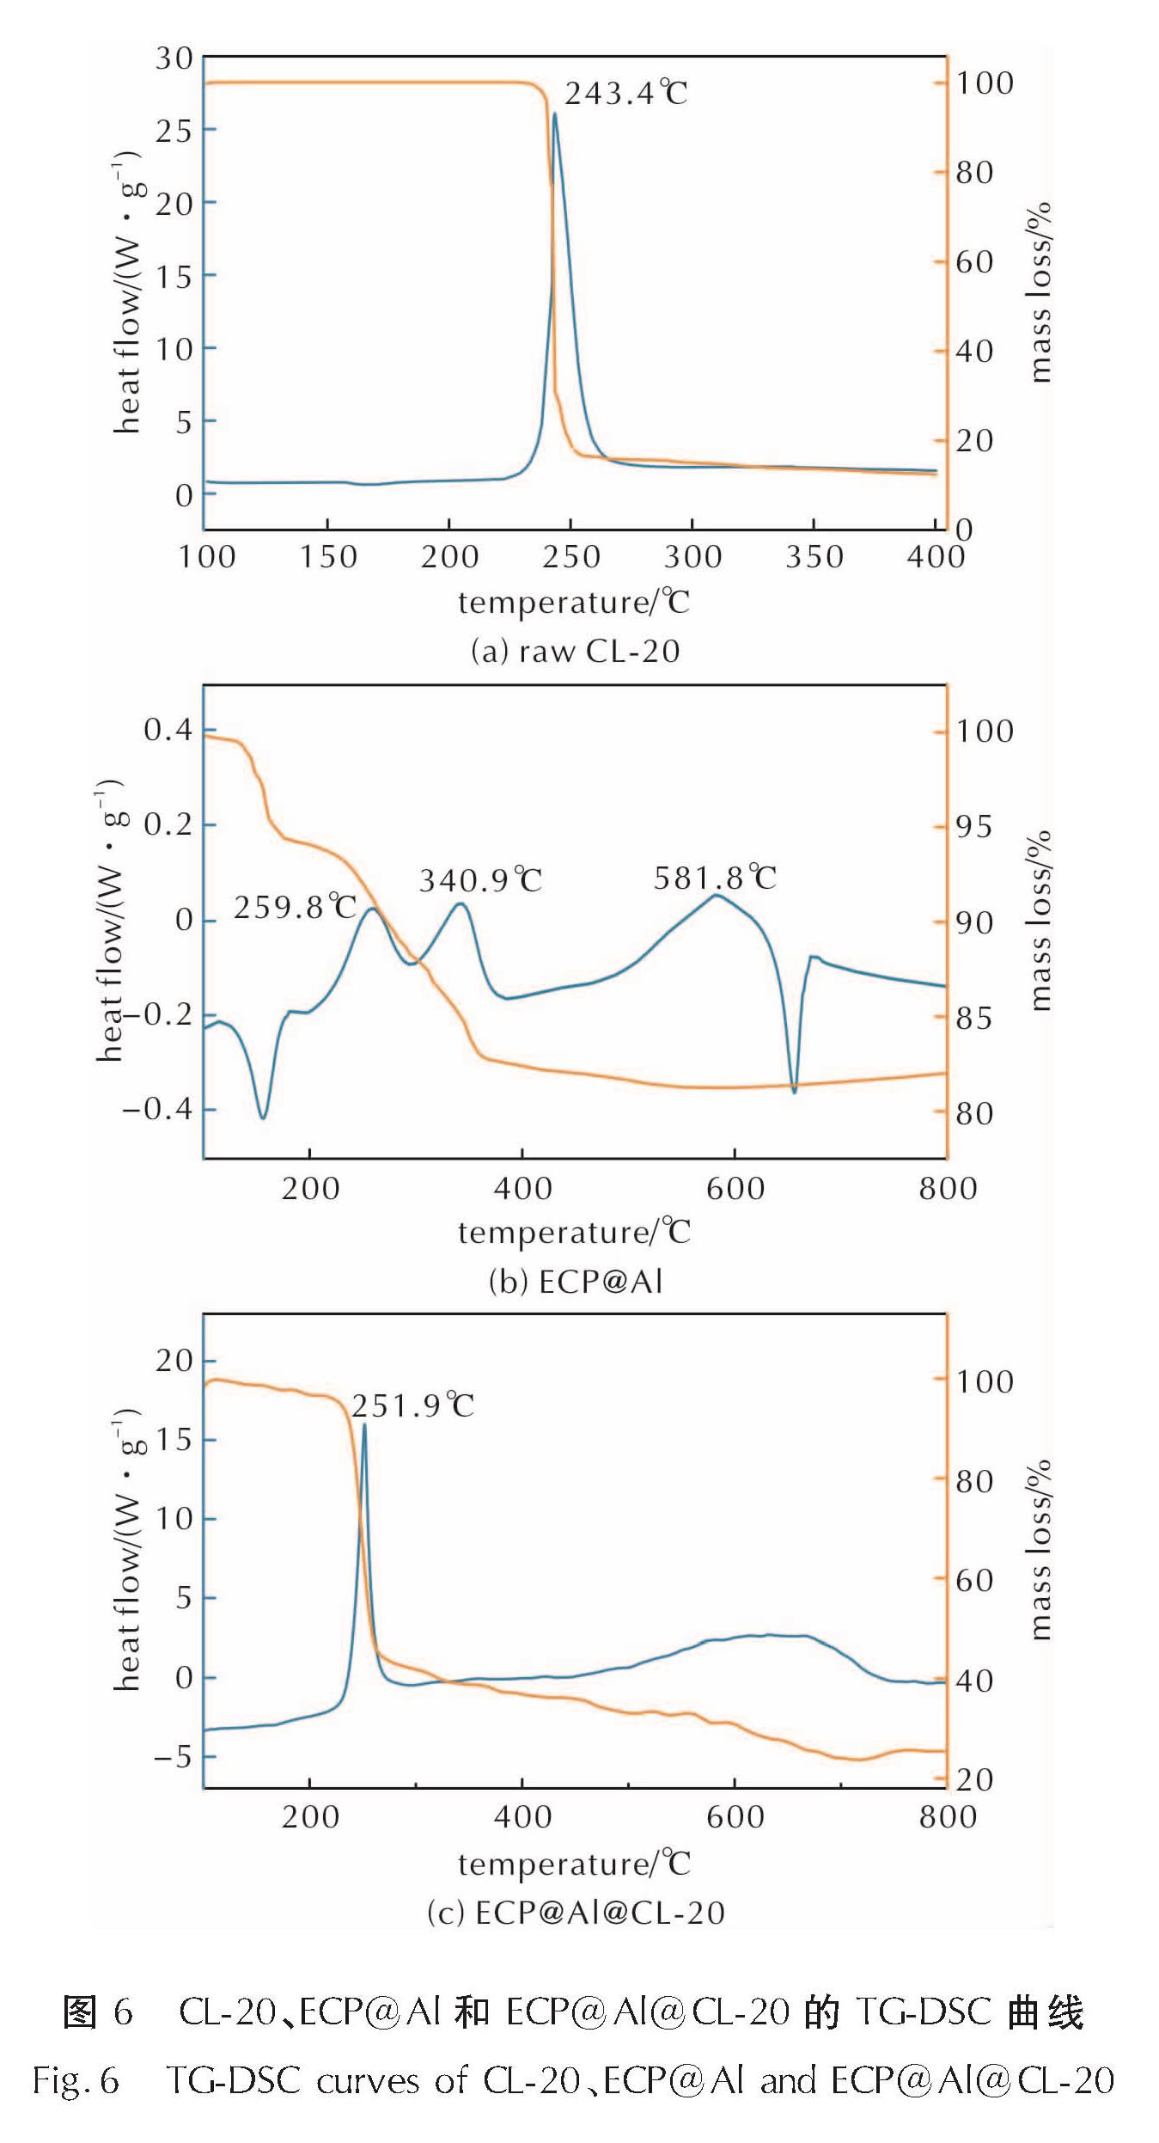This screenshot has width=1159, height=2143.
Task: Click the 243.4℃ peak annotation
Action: (x=625, y=93)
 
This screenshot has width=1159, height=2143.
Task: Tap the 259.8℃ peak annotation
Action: (x=295, y=907)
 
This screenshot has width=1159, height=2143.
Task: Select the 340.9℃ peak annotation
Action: (x=480, y=880)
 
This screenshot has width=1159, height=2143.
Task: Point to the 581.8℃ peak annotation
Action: (x=715, y=878)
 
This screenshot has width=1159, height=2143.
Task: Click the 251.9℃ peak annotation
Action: (x=412, y=1405)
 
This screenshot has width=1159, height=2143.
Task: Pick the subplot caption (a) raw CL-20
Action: (x=575, y=651)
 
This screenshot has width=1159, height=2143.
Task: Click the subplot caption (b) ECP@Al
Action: (x=576, y=1282)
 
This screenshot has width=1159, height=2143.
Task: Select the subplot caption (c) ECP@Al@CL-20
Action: (x=576, y=1913)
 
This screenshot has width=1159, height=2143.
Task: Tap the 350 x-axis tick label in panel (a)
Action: (x=814, y=557)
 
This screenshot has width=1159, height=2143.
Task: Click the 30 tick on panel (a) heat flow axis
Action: (x=174, y=58)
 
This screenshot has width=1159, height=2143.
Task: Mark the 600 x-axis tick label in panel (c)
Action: (x=735, y=1817)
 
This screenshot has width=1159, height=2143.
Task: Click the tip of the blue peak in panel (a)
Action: (x=555, y=113)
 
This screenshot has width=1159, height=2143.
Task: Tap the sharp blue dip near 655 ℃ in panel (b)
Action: (x=795, y=1093)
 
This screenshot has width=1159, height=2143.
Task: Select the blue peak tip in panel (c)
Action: (x=364, y=1424)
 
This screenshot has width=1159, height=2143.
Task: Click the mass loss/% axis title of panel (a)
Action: (x=1040, y=292)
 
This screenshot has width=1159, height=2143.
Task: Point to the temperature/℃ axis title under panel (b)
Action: (x=574, y=1233)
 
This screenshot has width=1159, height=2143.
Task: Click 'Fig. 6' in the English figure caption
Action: (x=76, y=2080)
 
